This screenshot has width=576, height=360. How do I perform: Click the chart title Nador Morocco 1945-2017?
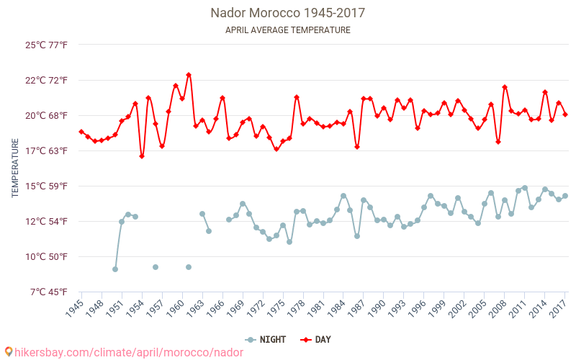[288, 13]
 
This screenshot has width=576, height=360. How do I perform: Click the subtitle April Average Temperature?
[288, 30]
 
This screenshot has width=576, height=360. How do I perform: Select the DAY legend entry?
[315, 340]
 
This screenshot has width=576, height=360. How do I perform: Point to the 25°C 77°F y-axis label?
[47, 45]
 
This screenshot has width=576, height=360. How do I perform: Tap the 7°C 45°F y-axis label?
[47, 292]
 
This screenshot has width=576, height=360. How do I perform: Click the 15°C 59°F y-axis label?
[47, 186]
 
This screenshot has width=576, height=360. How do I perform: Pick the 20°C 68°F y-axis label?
[47, 115]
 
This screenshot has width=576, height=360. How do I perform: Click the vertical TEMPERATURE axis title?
[15, 168]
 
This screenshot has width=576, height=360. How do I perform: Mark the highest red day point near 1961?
[189, 75]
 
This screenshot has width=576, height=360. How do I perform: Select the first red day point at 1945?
[81, 132]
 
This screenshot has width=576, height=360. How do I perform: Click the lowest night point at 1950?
[115, 269]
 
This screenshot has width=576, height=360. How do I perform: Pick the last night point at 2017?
[565, 196]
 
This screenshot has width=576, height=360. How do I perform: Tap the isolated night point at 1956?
[156, 267]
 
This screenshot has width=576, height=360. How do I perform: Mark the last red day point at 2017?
[565, 114]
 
